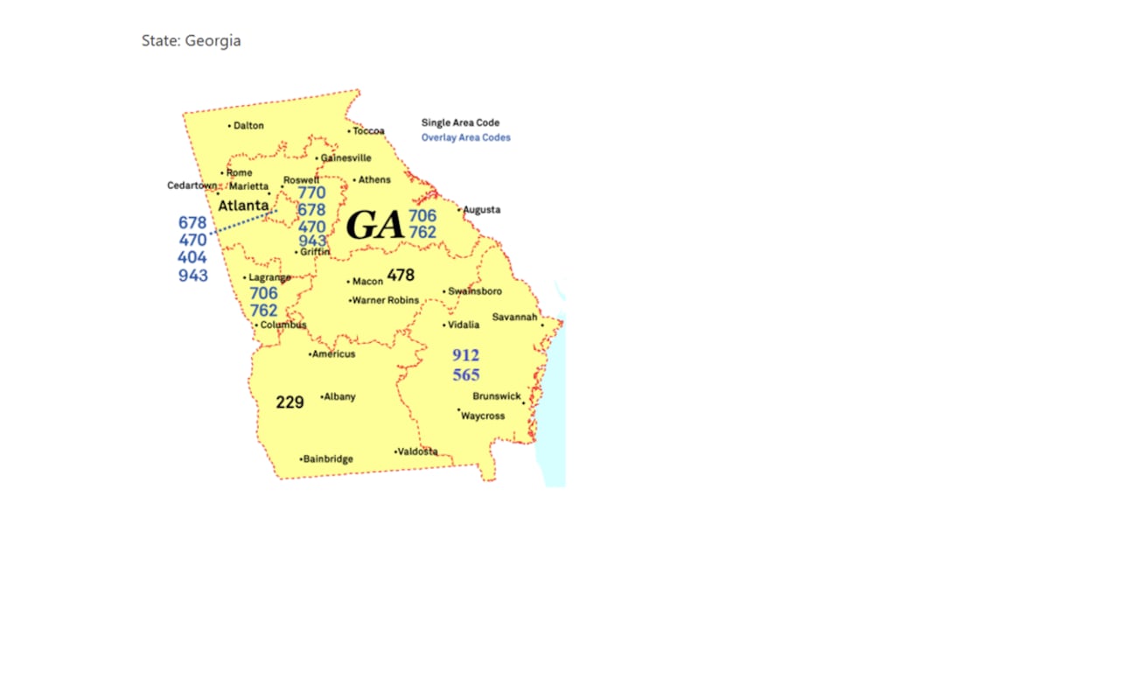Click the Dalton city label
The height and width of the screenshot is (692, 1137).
click(248, 126)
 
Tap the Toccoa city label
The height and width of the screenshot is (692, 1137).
click(368, 131)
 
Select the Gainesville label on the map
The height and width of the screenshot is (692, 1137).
click(345, 158)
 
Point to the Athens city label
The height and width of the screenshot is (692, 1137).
click(374, 180)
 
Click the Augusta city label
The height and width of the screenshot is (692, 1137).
click(481, 210)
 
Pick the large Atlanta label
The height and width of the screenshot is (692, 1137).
click(243, 206)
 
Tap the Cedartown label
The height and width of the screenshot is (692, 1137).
click(192, 185)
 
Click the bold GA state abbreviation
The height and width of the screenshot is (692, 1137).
click(375, 225)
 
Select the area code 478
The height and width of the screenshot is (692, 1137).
click(401, 276)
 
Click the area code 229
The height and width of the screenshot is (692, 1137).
click(289, 402)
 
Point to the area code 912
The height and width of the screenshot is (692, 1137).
click(466, 355)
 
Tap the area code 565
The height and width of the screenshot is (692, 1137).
click(466, 375)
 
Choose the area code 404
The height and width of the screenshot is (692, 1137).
click(192, 258)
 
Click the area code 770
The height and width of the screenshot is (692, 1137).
click(311, 193)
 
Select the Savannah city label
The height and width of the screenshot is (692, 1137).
click(514, 318)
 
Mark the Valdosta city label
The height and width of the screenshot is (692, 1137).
click(417, 452)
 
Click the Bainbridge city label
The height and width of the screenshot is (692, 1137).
click(328, 459)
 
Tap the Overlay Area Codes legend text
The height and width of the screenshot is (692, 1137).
click(466, 137)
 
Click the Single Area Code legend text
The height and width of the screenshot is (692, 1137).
click(461, 123)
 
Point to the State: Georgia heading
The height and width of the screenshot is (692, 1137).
click(192, 41)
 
